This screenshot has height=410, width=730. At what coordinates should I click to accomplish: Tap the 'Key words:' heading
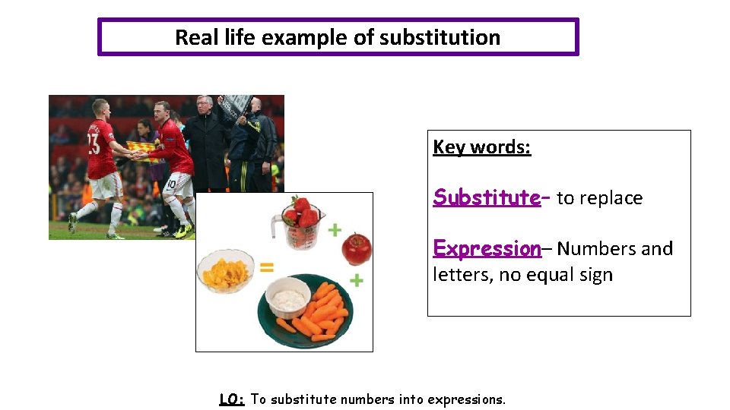pos(482,147)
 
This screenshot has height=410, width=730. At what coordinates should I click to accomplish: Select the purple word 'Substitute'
pos(487,197)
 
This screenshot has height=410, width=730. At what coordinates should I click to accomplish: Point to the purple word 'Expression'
pos(487,248)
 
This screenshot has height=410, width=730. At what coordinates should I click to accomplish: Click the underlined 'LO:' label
pos(232,399)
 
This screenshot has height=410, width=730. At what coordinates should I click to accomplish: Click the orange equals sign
pos(266,266)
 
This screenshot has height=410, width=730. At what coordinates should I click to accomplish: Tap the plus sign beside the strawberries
pos(335,229)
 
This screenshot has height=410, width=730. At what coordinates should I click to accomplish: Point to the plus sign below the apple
pos(356,281)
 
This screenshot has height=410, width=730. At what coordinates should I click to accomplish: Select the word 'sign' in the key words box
pos(594,275)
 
